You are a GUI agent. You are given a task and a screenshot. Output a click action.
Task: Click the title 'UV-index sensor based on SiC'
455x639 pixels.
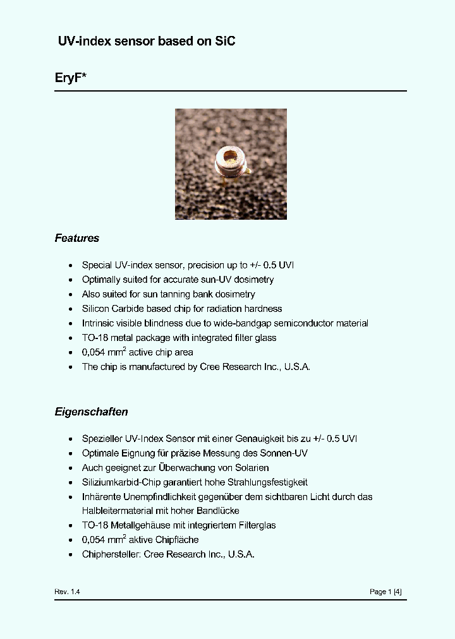tap(147, 41)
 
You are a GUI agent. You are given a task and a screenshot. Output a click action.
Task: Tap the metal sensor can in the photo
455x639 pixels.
tap(230, 163)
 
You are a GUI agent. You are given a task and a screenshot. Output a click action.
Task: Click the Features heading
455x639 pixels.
tap(76, 238)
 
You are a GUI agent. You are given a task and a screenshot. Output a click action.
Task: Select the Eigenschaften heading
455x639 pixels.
tap(91, 412)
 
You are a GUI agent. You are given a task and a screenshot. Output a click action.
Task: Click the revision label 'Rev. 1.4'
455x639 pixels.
tap(67, 592)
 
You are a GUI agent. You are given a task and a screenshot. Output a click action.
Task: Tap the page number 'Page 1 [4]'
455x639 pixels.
tap(385, 592)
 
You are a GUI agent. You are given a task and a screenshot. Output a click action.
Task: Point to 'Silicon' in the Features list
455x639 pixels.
tap(95, 309)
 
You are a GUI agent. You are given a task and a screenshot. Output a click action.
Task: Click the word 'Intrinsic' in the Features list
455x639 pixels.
tap(98, 323)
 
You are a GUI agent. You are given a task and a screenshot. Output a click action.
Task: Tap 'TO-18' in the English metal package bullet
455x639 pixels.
tap(94, 338)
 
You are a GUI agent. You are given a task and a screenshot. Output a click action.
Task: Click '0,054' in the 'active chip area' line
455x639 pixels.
tap(94, 352)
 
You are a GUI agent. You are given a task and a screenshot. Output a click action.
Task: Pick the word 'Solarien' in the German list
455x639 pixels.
tap(250, 468)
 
